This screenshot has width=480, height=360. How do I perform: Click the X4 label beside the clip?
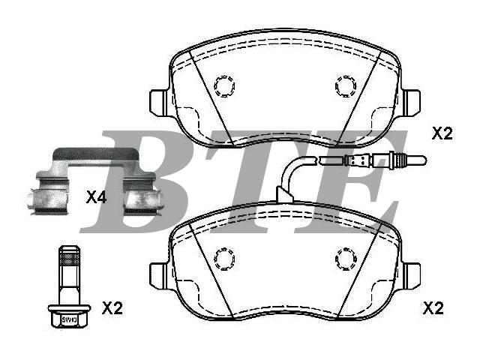tap(96, 197)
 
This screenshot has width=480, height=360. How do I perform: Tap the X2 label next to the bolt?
tap(112, 308)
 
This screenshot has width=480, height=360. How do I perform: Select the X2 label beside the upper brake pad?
tap(442, 133)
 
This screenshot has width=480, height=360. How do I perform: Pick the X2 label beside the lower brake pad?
tap(433, 308)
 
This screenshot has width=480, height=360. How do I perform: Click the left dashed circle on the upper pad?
tap(224, 86)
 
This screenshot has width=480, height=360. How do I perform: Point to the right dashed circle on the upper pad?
tap(346, 86)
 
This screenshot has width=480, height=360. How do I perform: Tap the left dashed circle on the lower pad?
tap(224, 259)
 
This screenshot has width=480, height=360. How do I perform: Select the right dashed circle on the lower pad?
tap(346, 259)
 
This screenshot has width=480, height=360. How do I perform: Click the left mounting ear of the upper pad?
tap(158, 103)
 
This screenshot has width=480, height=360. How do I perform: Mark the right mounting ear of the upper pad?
tap(411, 103)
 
